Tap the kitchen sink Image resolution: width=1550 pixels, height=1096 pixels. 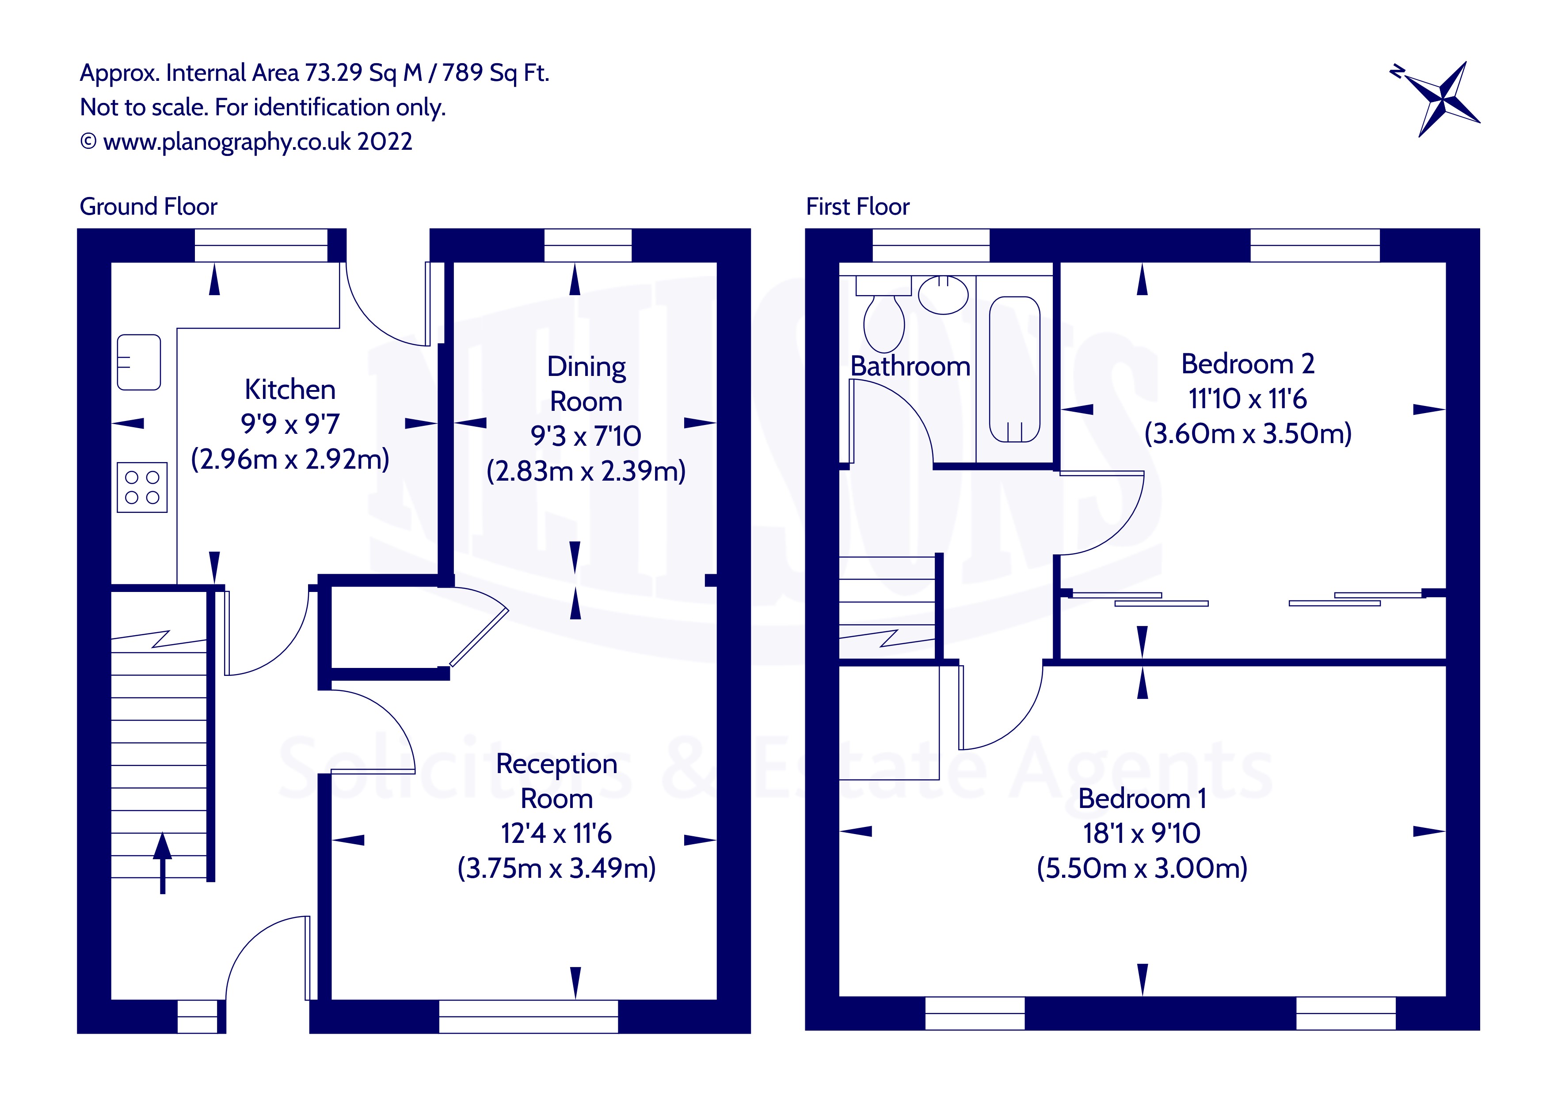click(139, 362)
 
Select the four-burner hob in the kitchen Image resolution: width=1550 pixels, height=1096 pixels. click(142, 487)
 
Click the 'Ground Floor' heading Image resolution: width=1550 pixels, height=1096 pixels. click(149, 206)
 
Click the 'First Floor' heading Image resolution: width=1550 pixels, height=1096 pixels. click(857, 206)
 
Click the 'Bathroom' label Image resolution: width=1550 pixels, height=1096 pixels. click(910, 367)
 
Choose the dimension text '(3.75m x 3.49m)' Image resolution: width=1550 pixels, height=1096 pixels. click(556, 868)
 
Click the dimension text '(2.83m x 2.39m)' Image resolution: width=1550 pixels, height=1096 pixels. click(586, 471)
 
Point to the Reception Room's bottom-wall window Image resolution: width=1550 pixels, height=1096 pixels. click(529, 1016)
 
